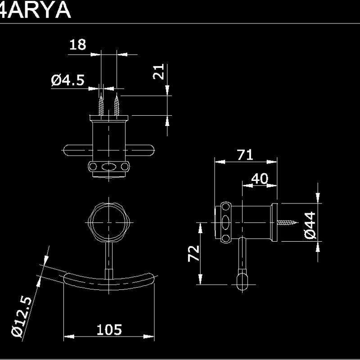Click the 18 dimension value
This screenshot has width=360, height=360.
pos(77,45)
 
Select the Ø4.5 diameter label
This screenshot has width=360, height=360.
pos(67,81)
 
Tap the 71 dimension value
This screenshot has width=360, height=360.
pos(245,155)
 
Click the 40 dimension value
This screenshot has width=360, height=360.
pos(259,179)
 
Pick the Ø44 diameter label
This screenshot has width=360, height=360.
pos(311,225)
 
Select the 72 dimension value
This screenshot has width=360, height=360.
pos(193,253)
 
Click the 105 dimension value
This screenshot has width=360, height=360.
pos(109,330)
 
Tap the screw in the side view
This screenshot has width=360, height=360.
pos(288,222)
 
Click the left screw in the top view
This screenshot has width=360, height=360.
pos(102,104)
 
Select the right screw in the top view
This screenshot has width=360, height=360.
pos(117,104)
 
